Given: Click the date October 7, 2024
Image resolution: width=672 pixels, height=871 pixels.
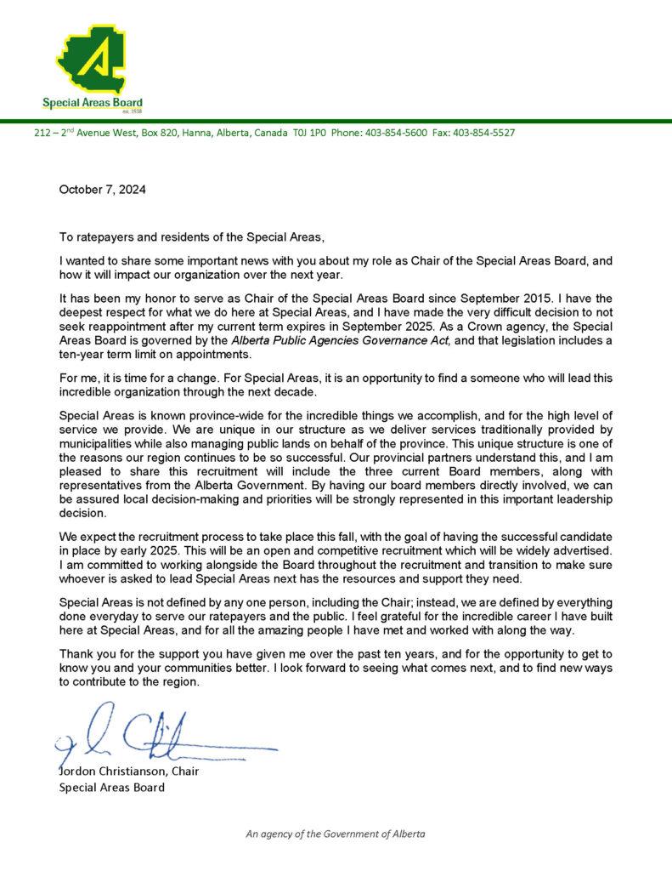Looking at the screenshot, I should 103,191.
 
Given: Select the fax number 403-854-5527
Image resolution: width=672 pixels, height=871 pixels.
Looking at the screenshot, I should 484,134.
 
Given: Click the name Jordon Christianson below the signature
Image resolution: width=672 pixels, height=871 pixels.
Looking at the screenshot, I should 110,771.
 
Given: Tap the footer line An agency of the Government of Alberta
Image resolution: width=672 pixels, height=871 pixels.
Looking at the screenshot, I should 336,834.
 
